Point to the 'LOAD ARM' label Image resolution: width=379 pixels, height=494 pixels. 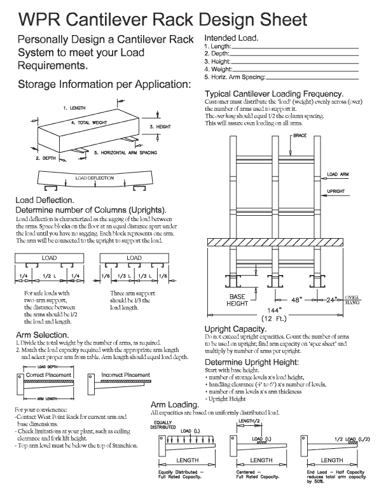(338, 174)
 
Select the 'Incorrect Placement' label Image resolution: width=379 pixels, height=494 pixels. (129, 375)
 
